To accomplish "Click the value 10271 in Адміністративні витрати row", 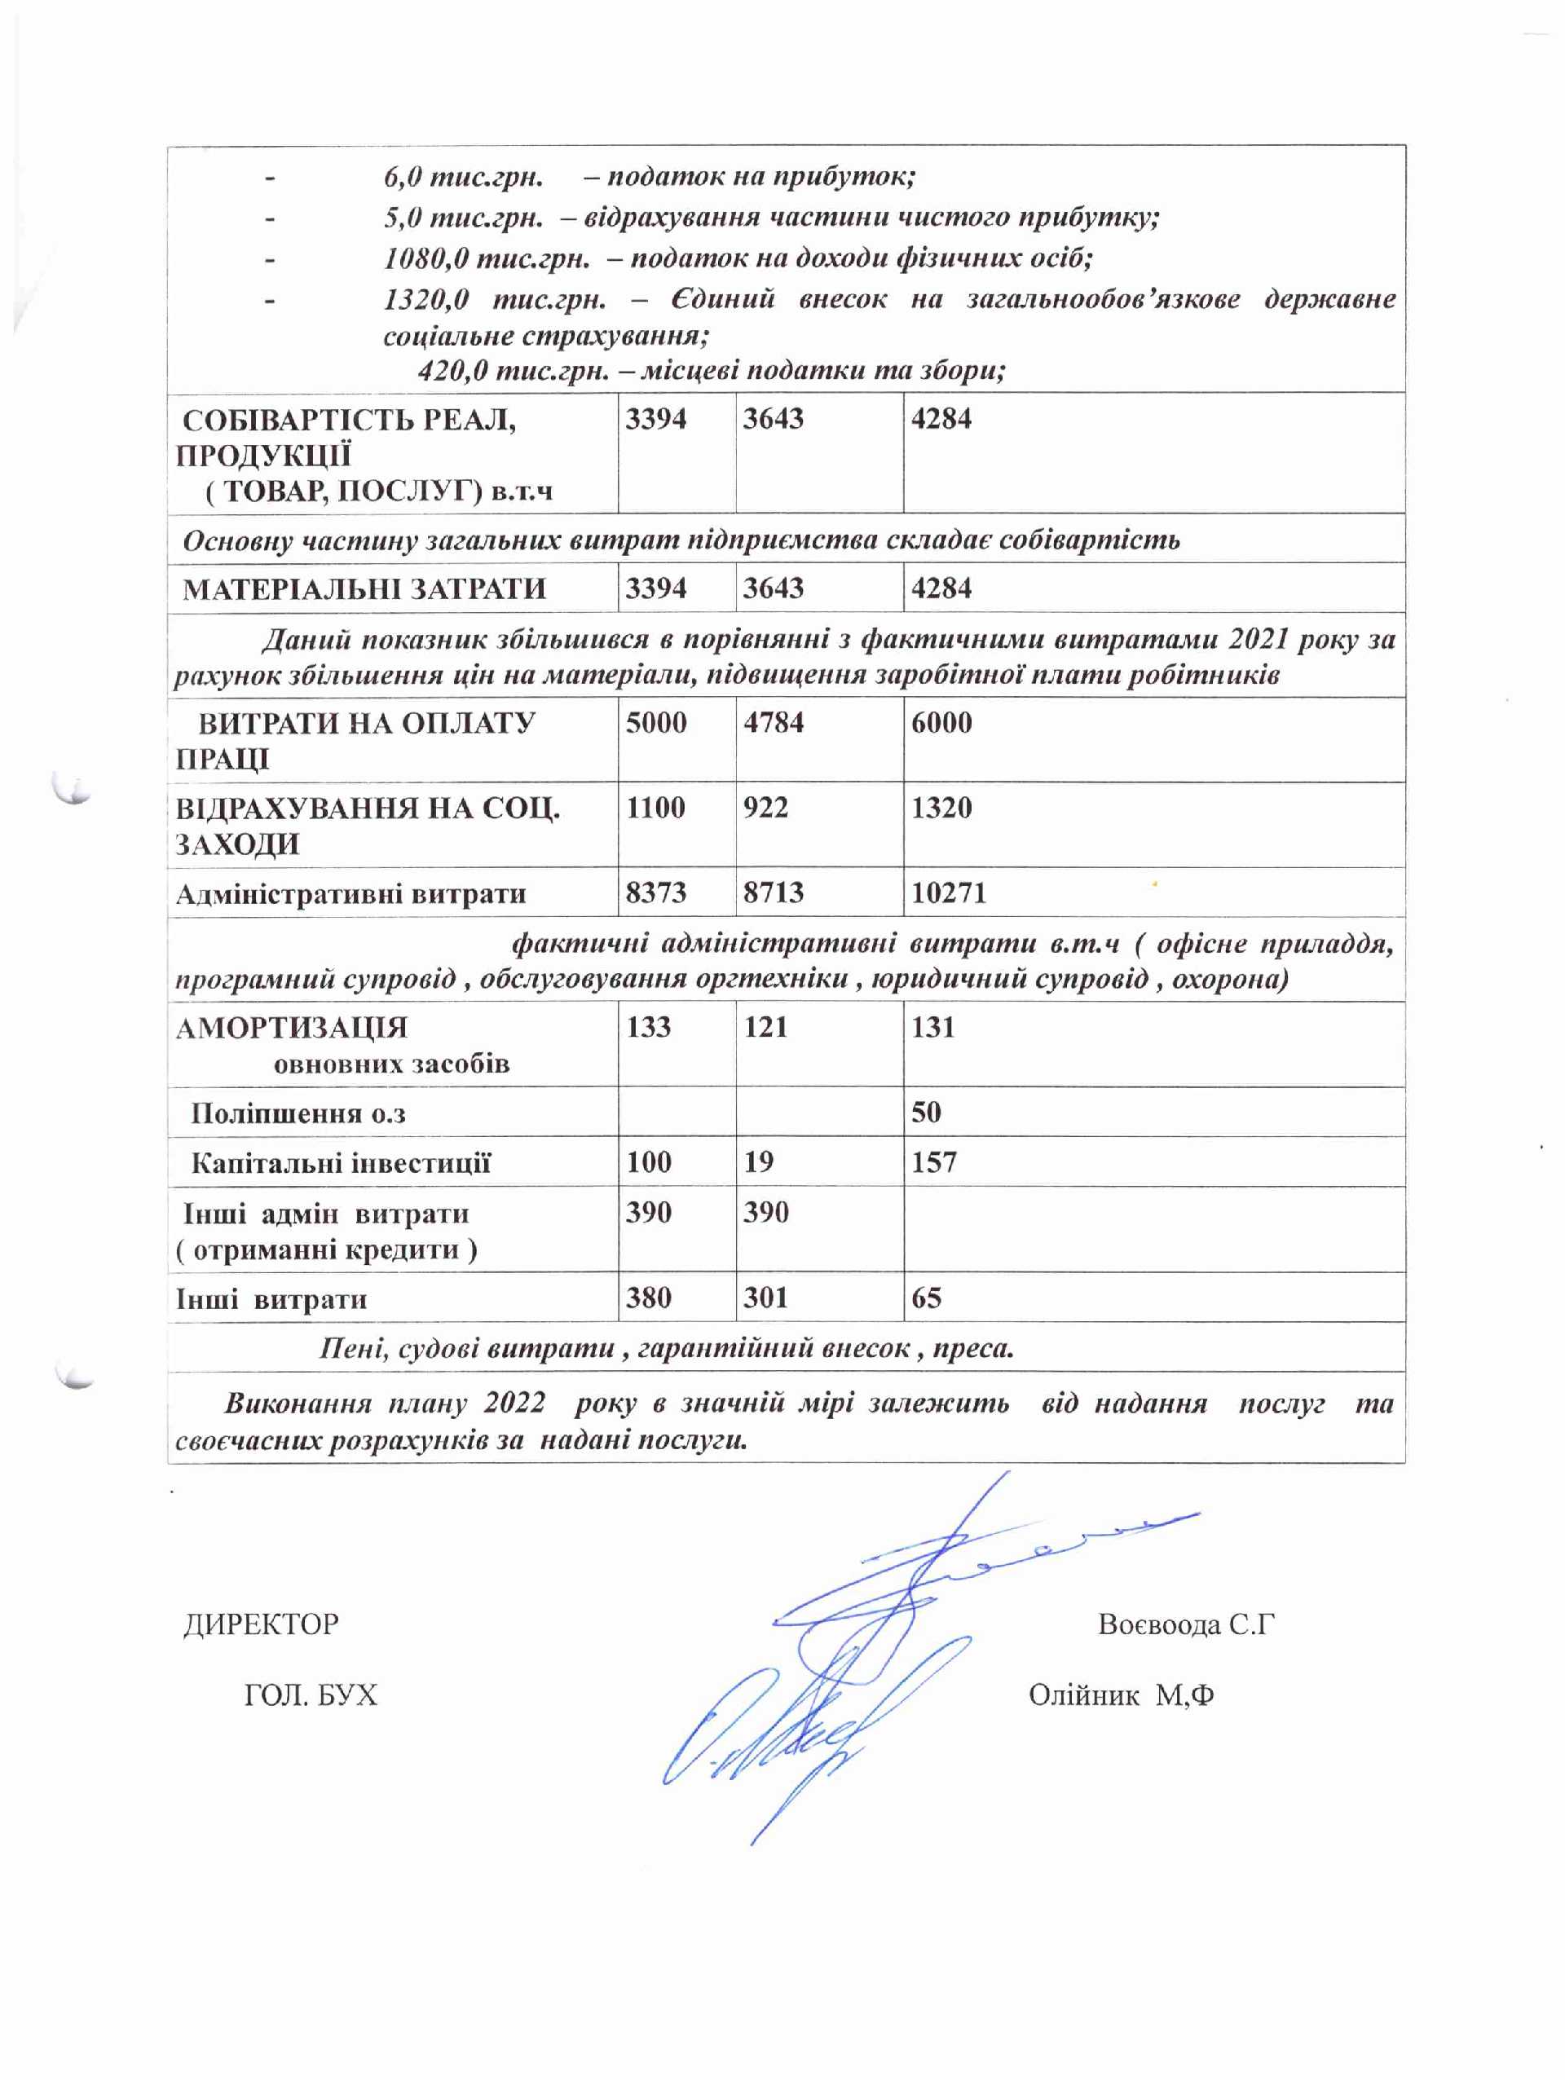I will point(948,892).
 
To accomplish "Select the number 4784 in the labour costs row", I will point(773,722).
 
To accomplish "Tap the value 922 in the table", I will point(765,807).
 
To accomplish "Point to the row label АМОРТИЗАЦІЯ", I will point(292,1027).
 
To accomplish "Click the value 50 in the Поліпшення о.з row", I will point(925,1112).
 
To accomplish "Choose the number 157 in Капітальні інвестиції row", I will point(933,1161).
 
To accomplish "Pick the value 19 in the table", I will point(758,1161).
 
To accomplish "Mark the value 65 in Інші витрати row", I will point(925,1298).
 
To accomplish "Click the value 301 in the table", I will point(765,1298).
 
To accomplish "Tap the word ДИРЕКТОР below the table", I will point(262,1624).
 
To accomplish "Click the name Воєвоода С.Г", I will point(1186,1624).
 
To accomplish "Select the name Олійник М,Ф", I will point(1121,1694).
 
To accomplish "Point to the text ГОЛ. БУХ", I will point(311,1694).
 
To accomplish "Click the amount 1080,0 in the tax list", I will point(426,258).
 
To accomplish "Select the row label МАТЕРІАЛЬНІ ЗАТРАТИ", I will point(364,588).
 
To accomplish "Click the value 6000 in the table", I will point(941,722).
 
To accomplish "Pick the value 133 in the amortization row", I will point(649,1026).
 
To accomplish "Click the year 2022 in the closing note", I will point(514,1403).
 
